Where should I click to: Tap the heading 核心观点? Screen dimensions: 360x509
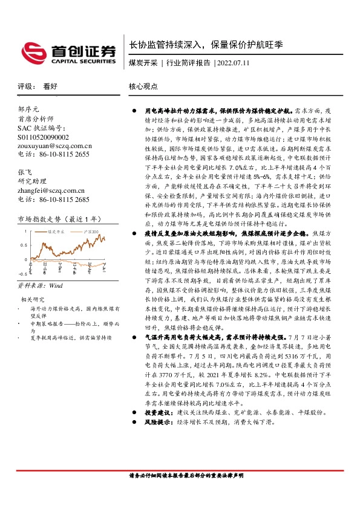click(143, 87)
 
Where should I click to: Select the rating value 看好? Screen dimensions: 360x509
click(50, 87)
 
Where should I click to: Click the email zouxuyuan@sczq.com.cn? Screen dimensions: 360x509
click(54, 146)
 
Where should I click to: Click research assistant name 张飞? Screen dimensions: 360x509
click(25, 172)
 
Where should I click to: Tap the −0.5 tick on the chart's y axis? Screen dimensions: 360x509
click(23, 273)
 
